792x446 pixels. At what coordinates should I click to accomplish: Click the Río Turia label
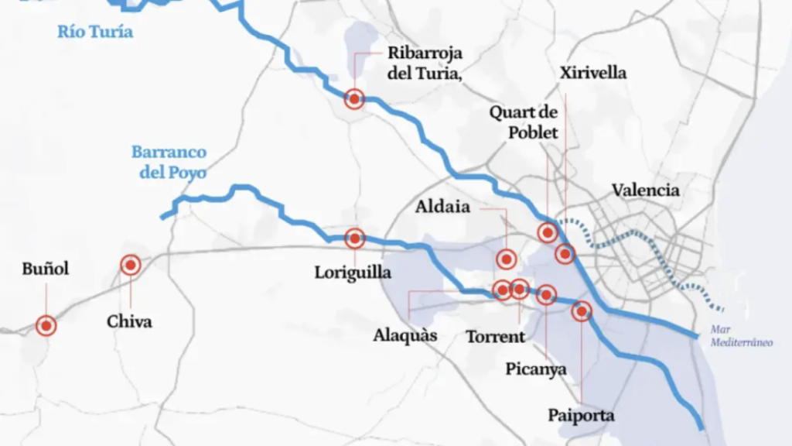[95, 32]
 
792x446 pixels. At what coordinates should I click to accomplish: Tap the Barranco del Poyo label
[169, 162]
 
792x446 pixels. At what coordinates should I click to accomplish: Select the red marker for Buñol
[46, 326]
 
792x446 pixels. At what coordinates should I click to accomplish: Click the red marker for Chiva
[131, 266]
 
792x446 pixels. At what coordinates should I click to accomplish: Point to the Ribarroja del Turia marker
[354, 98]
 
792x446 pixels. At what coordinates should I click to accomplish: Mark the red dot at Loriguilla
[354, 238]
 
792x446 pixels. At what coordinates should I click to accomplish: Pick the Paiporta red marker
[581, 311]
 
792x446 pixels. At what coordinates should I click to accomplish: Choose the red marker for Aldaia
[507, 259]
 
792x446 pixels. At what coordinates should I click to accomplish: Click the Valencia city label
[646, 190]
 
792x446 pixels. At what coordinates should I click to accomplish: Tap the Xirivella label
[592, 73]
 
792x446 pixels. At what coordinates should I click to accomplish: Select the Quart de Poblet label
[524, 122]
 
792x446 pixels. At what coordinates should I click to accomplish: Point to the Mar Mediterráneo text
[742, 335]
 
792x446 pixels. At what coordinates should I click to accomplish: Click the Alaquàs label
[405, 335]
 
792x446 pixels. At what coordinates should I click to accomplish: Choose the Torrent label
[495, 337]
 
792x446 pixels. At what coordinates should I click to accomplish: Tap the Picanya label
[536, 369]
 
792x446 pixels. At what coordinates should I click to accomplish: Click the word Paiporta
[581, 415]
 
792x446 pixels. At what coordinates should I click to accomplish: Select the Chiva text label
[129, 321]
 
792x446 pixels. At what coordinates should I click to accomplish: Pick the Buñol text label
[46, 269]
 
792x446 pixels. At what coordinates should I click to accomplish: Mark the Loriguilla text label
[353, 273]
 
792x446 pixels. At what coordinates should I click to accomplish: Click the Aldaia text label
[442, 207]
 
